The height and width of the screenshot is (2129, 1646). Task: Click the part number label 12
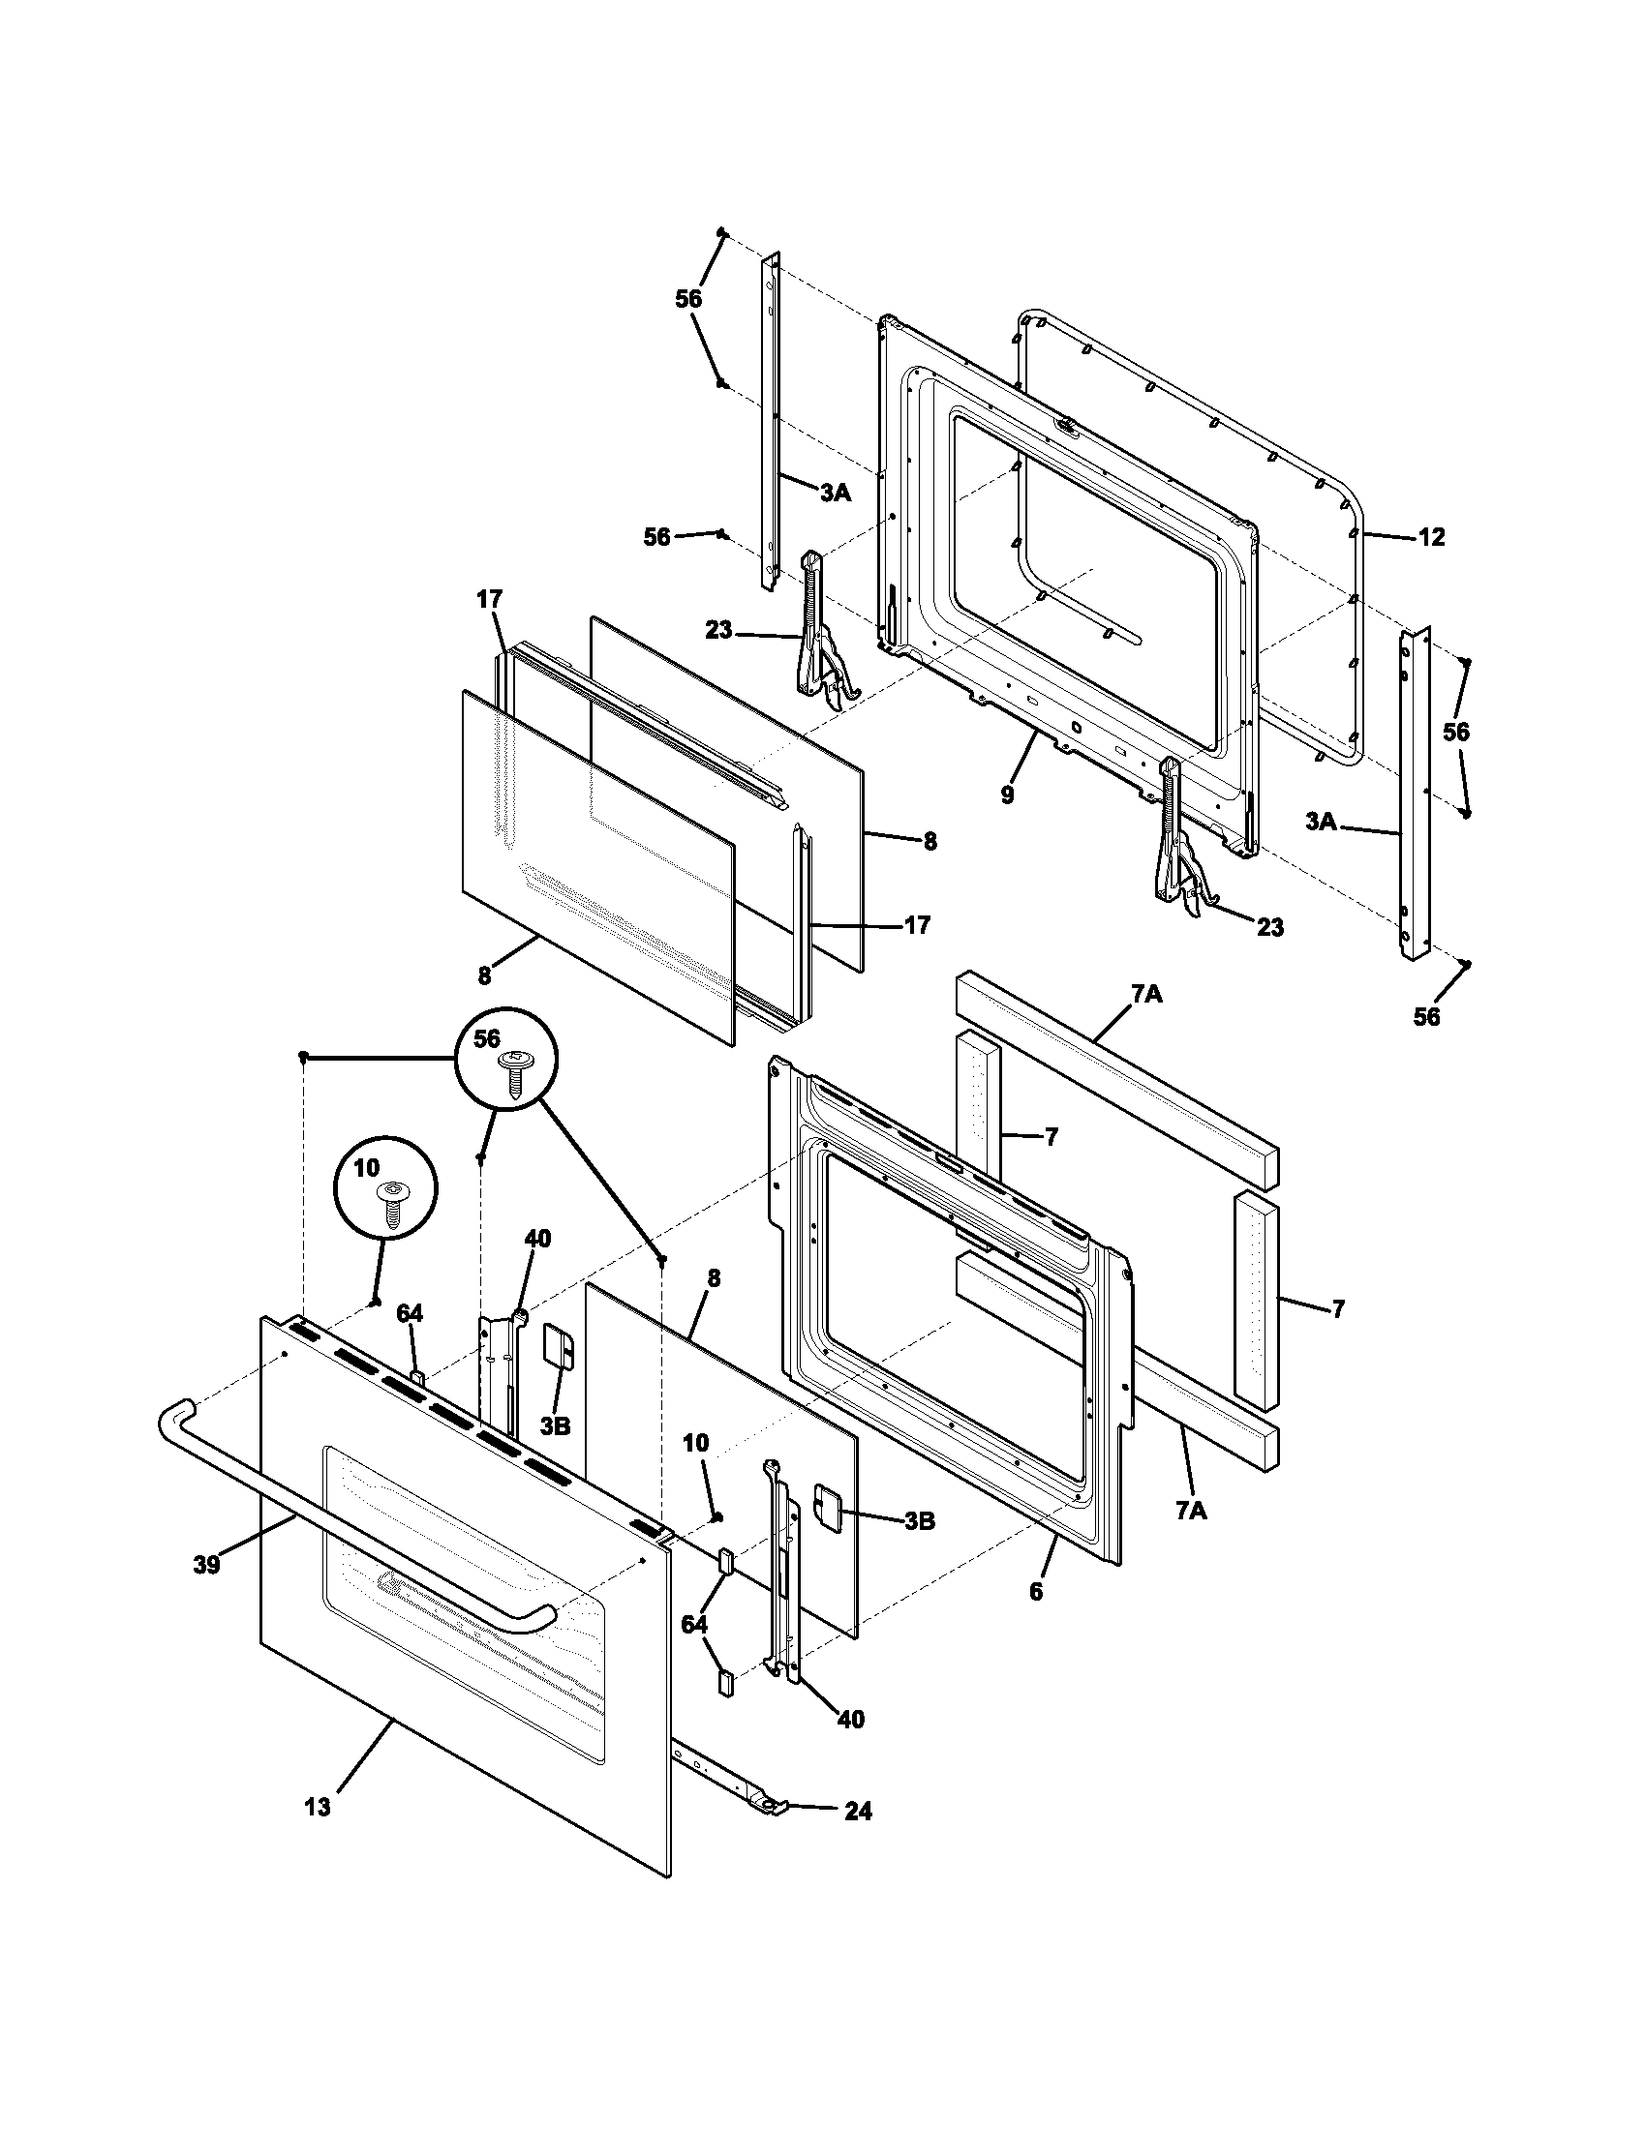1430,537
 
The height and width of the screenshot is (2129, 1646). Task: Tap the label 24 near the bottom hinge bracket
858,1812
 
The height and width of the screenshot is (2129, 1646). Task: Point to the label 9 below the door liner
1007,795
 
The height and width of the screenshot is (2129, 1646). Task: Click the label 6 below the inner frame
1036,1592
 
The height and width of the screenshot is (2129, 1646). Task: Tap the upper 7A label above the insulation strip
1146,994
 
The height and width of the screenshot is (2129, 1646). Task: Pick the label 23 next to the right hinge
1269,927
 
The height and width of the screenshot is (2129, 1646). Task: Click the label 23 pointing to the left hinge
718,631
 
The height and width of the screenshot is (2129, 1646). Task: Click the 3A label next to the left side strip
835,495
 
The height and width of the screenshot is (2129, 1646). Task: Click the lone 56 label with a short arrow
657,537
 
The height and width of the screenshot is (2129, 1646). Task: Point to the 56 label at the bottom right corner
1425,1018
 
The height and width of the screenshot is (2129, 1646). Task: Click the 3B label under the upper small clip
556,1426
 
